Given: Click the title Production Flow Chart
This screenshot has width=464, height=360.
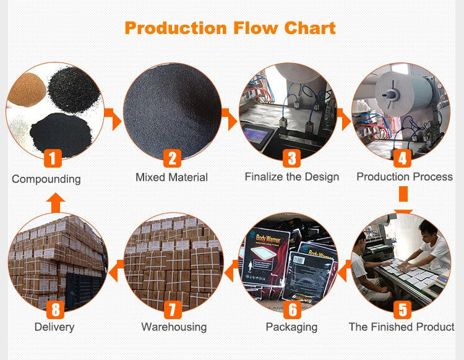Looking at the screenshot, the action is [x=230, y=28].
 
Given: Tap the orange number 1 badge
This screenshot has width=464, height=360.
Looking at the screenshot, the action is [x=53, y=159].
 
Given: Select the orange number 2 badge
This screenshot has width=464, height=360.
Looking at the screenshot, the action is [x=172, y=159].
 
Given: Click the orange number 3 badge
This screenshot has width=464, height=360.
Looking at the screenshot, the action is [x=291, y=159].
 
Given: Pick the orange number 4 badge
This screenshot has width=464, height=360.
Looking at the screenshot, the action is [x=403, y=159].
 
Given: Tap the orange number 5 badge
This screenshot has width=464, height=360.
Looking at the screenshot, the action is [x=403, y=309].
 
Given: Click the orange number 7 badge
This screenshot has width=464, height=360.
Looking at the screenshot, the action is [x=172, y=309].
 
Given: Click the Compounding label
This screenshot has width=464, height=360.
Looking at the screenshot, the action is [x=46, y=179].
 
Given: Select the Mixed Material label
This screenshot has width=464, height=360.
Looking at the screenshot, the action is [x=171, y=178].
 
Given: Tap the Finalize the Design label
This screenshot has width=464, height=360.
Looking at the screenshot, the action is [x=291, y=177].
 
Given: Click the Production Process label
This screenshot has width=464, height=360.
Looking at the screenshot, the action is [x=405, y=177].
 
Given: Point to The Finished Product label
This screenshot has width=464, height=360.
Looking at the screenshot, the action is [x=402, y=327].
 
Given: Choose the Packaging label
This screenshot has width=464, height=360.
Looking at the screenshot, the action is [x=291, y=327].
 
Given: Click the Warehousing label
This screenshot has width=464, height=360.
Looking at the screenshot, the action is [x=174, y=327].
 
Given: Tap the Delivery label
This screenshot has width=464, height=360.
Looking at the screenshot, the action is [x=54, y=327].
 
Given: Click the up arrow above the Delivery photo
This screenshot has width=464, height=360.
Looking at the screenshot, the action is [x=56, y=202].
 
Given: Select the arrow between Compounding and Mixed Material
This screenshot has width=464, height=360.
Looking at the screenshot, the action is [x=113, y=118].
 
